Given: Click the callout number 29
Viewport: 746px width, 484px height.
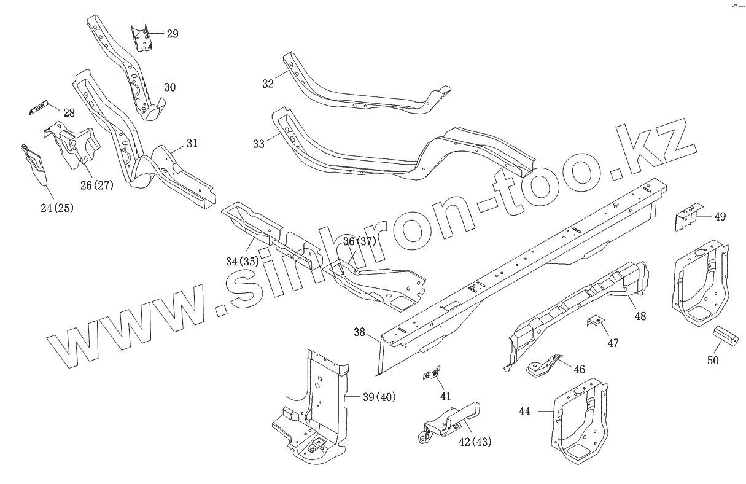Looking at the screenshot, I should [172, 34].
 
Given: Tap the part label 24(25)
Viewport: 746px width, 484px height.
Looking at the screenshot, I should [57, 208].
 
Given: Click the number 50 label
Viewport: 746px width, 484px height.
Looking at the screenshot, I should [712, 361].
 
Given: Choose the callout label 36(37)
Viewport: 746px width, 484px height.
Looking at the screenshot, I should [359, 241].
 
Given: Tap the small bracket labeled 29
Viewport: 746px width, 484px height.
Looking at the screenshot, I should [142, 38].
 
